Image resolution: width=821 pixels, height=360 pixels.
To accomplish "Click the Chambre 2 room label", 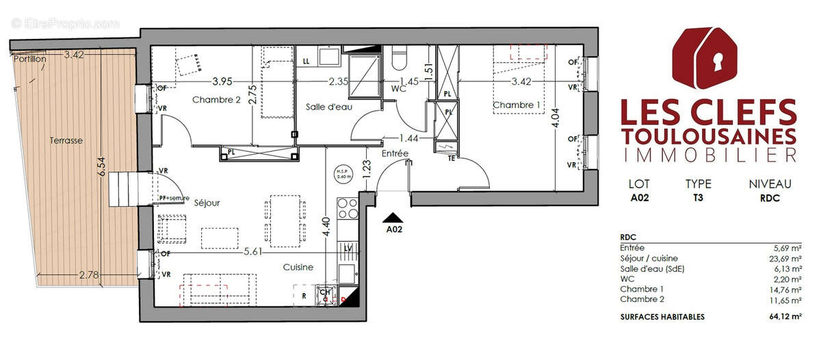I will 216,100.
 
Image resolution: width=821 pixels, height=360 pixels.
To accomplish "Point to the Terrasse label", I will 66,140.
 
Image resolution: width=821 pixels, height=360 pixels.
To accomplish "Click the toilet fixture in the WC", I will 399,60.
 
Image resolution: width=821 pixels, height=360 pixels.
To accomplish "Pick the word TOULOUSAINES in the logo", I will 708,134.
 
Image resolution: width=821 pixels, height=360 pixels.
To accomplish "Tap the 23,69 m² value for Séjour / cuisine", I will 784,259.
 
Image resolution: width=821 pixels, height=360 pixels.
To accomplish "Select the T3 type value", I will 698,199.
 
